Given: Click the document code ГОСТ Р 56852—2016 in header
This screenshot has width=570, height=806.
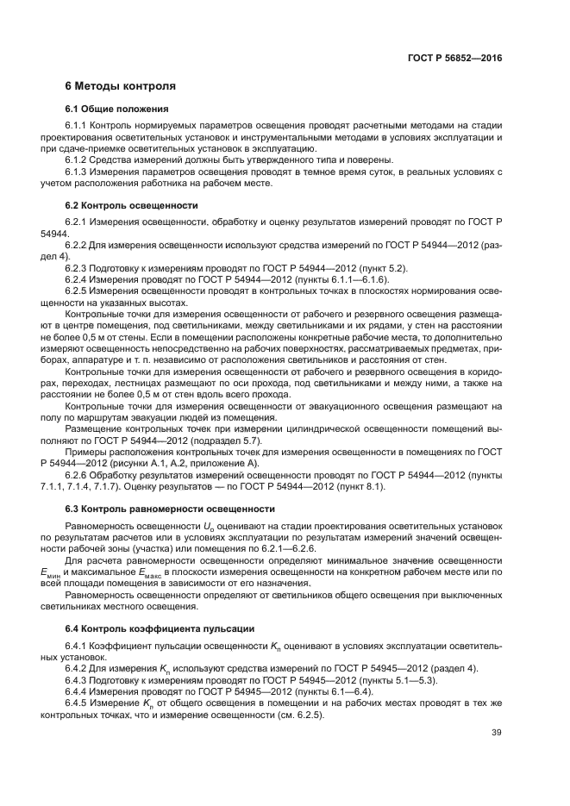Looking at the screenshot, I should pos(455,59).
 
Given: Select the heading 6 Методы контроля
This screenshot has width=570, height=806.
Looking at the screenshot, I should pos(121,86).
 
